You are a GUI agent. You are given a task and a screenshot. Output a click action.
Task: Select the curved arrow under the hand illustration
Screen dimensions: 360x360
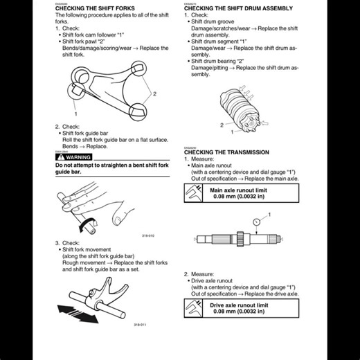click(87, 224)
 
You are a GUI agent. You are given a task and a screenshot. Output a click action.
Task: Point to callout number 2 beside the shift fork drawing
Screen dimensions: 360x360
click(155, 93)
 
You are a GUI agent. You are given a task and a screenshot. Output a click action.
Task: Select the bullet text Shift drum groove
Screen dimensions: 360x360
click(226, 21)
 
